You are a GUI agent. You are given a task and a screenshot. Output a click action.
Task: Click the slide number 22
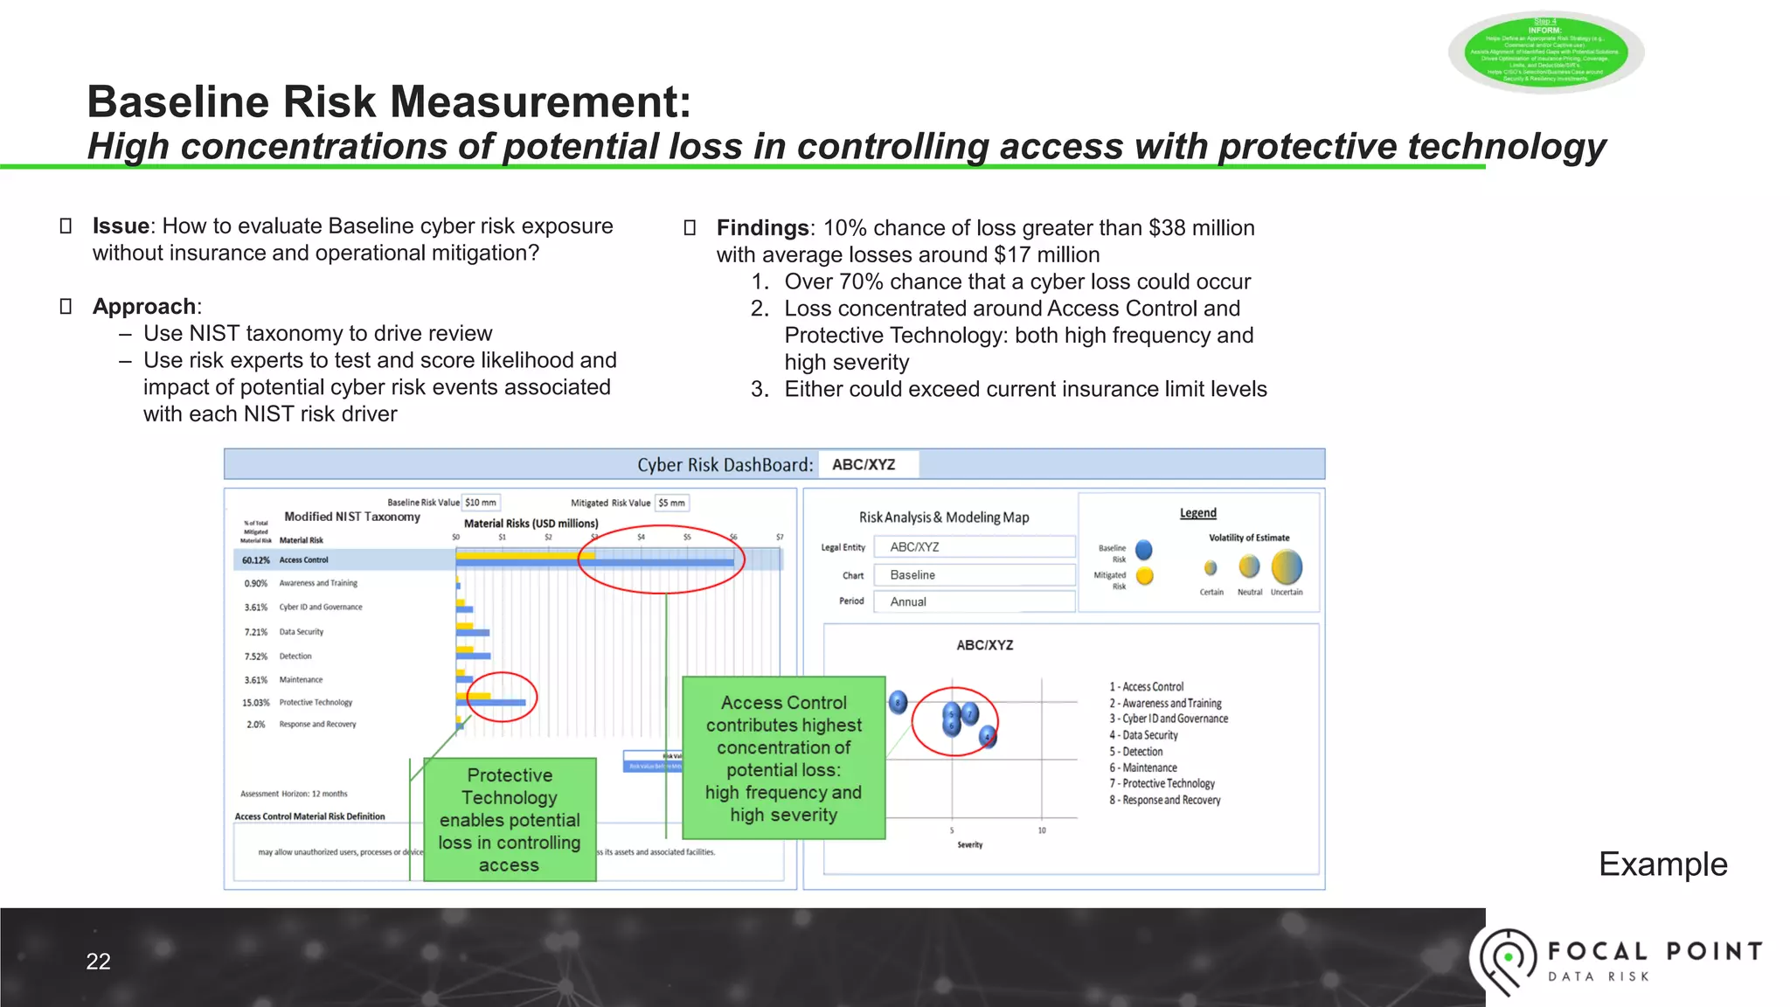(x=98, y=962)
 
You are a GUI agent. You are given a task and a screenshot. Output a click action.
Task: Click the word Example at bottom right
(x=1662, y=865)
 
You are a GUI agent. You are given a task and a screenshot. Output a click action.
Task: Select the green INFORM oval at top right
(x=1545, y=52)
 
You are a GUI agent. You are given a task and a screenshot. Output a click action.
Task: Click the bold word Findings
(x=762, y=228)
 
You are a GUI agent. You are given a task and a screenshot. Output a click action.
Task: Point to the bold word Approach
(x=144, y=307)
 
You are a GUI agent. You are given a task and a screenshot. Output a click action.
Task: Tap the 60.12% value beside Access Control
(x=255, y=560)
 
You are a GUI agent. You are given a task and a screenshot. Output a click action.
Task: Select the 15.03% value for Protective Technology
(x=255, y=703)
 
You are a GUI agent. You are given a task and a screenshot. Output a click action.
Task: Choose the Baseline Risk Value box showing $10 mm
(x=480, y=503)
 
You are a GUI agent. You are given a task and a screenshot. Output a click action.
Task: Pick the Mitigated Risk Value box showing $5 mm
(x=671, y=503)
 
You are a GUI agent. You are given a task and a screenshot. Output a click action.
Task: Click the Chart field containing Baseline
(x=974, y=575)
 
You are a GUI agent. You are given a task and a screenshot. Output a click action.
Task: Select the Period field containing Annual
(x=974, y=601)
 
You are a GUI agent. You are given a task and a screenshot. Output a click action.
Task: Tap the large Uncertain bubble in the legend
(x=1287, y=567)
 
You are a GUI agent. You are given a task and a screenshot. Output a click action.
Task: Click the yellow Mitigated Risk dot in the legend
(x=1144, y=576)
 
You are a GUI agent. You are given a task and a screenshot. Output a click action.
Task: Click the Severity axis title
(x=969, y=845)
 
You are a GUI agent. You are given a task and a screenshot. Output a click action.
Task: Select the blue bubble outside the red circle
(x=898, y=702)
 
